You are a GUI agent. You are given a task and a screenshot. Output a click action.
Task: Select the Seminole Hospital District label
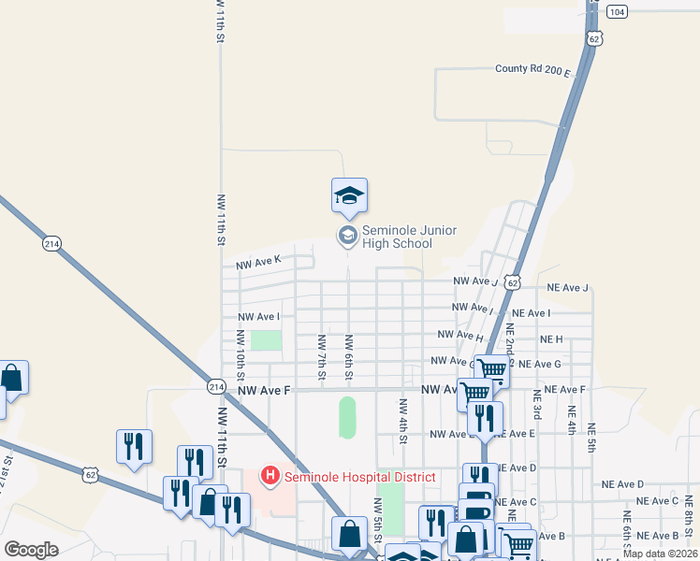360,477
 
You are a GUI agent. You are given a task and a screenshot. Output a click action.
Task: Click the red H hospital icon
270,477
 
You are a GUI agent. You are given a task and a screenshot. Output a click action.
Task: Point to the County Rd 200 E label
532,69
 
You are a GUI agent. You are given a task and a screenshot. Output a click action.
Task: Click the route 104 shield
617,11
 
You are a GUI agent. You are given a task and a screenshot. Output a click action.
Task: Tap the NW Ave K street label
258,265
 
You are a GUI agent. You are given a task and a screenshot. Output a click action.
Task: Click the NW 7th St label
321,356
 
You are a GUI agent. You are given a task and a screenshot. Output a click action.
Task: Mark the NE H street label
551,338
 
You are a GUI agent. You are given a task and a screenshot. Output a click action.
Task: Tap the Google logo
31,549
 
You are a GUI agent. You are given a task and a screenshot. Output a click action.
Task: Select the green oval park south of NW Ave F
347,417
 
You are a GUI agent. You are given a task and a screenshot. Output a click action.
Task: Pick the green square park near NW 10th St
266,339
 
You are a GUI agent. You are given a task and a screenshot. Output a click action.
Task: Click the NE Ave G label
539,364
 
